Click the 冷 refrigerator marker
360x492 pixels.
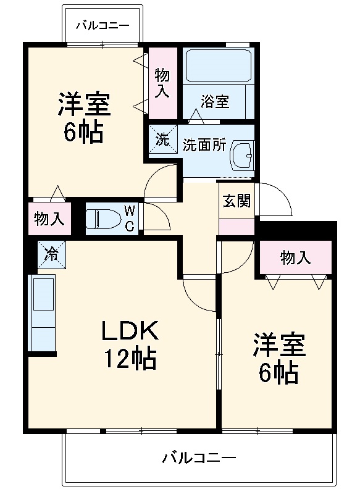tap(52, 253)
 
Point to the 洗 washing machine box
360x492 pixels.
tap(162, 139)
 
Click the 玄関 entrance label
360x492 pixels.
tap(237, 201)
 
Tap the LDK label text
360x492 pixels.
tap(130, 331)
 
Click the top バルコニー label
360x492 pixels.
tap(103, 25)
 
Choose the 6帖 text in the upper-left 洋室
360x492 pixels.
tap(83, 132)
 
